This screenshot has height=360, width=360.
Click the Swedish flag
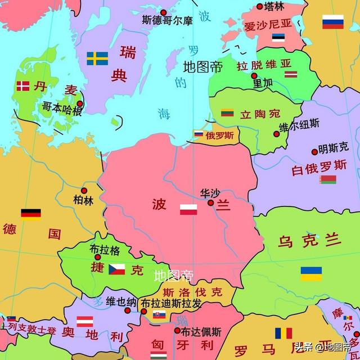(97, 58)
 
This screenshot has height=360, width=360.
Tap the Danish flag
(23, 86)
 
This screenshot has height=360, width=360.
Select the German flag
(31, 214)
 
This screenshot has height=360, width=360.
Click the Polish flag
(188, 210)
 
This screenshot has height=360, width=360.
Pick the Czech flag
(117, 269)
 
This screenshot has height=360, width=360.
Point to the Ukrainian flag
(311, 273)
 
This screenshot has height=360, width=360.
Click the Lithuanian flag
(227, 112)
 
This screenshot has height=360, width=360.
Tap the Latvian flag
(291, 74)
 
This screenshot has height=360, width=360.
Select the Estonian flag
(278, 38)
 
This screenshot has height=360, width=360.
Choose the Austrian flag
(84, 321)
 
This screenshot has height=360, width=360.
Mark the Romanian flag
(283, 333)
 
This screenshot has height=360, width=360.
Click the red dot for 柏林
(84, 191)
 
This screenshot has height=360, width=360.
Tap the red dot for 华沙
(210, 202)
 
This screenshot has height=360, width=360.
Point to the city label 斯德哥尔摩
(167, 20)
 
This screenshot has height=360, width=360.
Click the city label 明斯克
(333, 150)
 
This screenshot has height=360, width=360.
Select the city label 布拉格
(105, 249)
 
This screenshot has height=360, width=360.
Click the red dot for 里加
(254, 75)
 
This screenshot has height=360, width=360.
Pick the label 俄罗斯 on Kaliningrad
(218, 135)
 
